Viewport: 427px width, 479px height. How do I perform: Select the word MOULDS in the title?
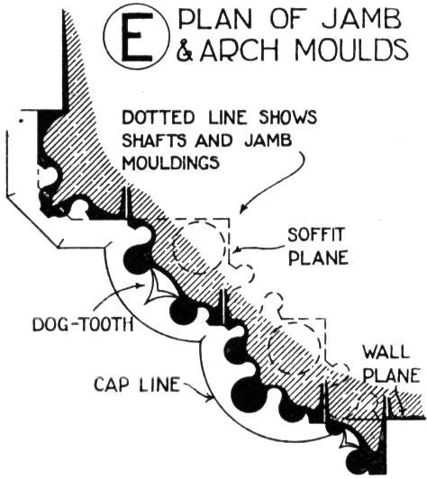351,50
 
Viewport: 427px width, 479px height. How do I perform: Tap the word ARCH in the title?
240,50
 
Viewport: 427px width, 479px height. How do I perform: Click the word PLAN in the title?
217,20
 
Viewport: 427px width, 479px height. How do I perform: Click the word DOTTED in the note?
158,117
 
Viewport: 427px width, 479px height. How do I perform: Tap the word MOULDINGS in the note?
171,162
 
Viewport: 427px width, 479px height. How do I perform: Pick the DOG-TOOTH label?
83,324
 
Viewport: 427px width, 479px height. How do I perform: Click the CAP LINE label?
137,384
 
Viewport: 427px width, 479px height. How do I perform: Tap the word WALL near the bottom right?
386,352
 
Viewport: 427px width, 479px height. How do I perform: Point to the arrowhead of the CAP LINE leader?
210,397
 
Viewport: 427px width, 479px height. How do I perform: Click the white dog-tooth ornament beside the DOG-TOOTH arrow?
159,286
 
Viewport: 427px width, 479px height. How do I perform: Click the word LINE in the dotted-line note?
227,117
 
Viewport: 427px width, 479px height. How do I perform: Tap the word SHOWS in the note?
287,117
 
